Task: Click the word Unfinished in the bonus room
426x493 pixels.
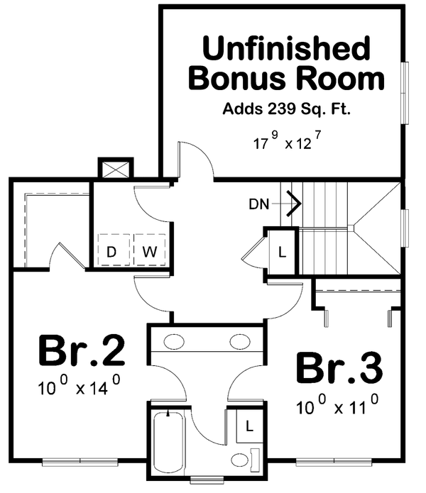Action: click(x=286, y=50)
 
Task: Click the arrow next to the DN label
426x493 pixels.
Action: click(x=292, y=204)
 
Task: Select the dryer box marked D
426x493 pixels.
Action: click(x=111, y=250)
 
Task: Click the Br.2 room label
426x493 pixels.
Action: click(x=81, y=350)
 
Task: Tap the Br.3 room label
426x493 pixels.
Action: click(x=339, y=368)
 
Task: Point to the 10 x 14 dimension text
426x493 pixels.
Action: click(x=79, y=387)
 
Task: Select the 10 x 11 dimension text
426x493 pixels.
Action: click(x=336, y=407)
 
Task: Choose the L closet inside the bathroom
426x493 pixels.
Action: click(x=248, y=426)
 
